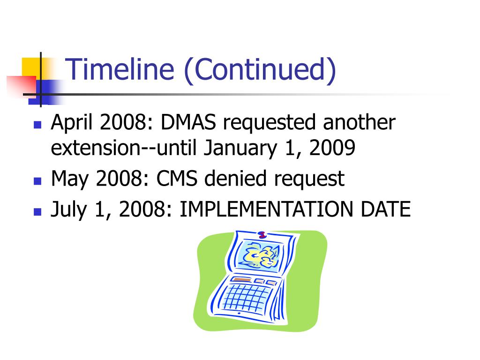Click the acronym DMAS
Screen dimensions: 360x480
(189, 123)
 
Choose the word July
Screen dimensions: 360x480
(68, 210)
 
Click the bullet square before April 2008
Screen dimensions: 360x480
(37, 126)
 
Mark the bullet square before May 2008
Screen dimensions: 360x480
(37, 181)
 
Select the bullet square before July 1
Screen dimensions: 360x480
(37, 211)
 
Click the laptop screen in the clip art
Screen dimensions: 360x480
(260, 256)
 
